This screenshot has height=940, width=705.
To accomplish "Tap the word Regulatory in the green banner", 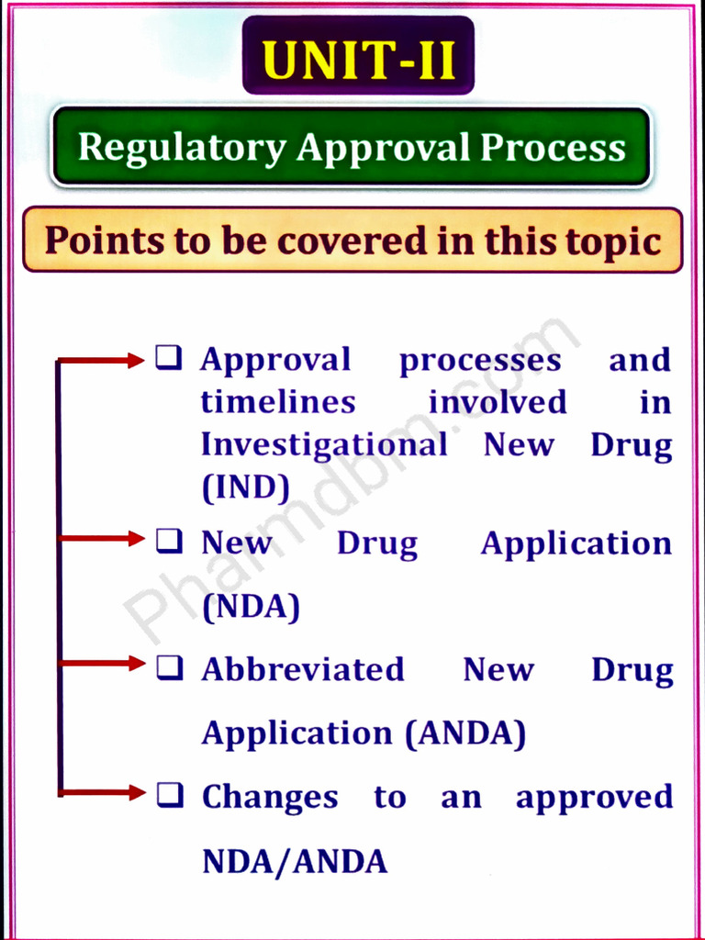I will pyautogui.click(x=181, y=148).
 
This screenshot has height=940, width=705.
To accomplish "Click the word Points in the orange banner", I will pyautogui.click(x=102, y=241).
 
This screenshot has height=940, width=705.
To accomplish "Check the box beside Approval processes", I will pyautogui.click(x=167, y=358).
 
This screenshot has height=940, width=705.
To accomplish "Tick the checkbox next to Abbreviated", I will pyautogui.click(x=167, y=666).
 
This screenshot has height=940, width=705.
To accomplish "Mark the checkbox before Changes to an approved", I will pyautogui.click(x=167, y=794).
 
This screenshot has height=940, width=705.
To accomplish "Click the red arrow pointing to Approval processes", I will pyautogui.click(x=101, y=361).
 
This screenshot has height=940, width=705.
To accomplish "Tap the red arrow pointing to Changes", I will pyautogui.click(x=101, y=791).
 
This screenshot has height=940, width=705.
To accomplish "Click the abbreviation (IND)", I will pyautogui.click(x=245, y=488).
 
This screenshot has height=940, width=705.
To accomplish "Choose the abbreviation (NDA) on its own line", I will pyautogui.click(x=251, y=607).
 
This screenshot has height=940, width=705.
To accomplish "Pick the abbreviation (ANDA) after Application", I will pyautogui.click(x=465, y=733).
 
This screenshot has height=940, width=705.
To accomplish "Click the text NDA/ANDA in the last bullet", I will pyautogui.click(x=294, y=861).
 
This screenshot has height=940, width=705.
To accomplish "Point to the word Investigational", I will pyautogui.click(x=324, y=445).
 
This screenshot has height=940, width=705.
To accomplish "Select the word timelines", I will pyautogui.click(x=278, y=402).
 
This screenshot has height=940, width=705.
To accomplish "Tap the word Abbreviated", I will pyautogui.click(x=303, y=669).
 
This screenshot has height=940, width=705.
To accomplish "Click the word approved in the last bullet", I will pyautogui.click(x=594, y=798).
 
